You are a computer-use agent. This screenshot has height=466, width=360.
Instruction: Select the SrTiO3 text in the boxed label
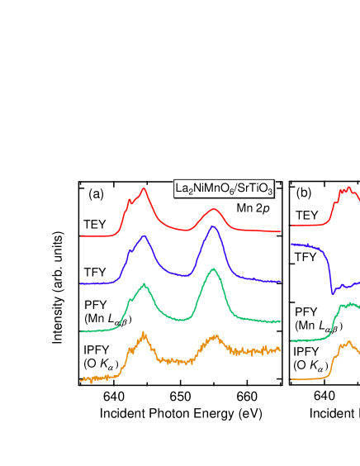[x=253, y=189]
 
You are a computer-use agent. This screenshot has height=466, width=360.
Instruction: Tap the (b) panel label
[x=303, y=193]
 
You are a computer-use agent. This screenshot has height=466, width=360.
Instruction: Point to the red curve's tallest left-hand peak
[x=144, y=189]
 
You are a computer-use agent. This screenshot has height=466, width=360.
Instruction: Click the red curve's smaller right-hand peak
[x=215, y=210]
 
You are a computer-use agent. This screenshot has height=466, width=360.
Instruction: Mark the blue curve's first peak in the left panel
[x=144, y=237]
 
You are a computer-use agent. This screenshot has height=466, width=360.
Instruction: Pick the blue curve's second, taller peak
[x=213, y=226]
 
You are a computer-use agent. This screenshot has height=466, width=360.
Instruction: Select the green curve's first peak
[x=144, y=284]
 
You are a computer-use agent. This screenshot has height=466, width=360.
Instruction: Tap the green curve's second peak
[x=213, y=269]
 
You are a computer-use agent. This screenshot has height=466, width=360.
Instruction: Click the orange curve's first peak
[x=144, y=334]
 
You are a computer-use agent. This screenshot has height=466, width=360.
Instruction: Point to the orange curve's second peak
[x=215, y=336]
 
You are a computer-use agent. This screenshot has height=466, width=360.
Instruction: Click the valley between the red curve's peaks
[x=180, y=228]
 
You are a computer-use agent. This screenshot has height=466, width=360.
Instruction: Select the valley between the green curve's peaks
[x=178, y=317]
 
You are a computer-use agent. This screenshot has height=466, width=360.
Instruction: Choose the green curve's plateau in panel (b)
[x=348, y=306]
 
